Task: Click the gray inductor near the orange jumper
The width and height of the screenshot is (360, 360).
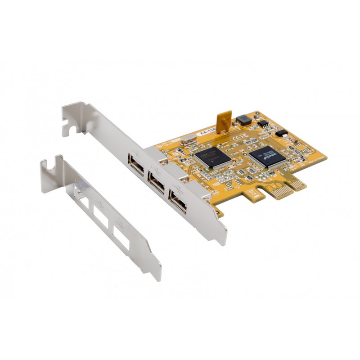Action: [x=244, y=119]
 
